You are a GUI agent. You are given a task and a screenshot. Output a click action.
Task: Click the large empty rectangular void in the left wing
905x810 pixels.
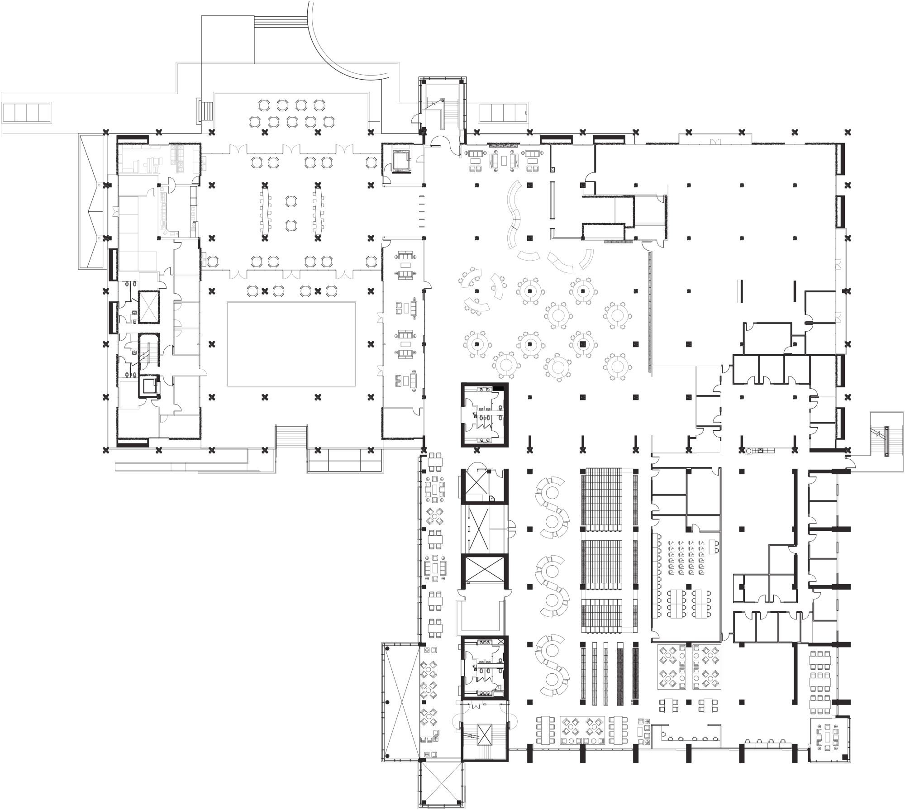[291, 344]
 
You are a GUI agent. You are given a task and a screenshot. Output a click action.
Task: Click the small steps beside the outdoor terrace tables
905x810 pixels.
[206, 110]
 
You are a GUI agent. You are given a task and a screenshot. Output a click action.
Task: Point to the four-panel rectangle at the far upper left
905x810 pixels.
[28, 111]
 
